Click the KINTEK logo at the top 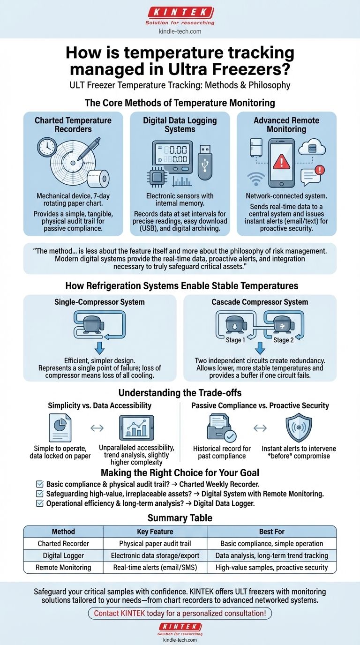coord(180,13)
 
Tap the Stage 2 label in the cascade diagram coord(281,340)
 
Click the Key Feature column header coord(155,532)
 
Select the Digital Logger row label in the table coord(63,555)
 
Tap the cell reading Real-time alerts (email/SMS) coord(155,567)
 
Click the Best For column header coord(271,532)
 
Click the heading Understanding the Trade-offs coord(180,393)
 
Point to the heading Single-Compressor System coord(99,302)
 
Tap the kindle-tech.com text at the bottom coord(180,639)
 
